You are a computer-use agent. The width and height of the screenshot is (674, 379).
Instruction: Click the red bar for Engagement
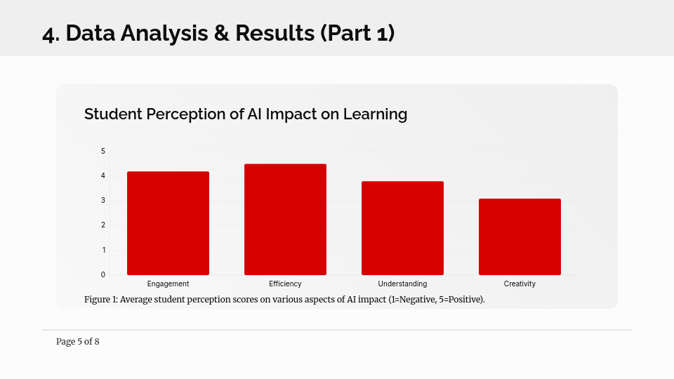coord(168,223)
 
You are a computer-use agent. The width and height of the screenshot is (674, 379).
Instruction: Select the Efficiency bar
coord(286,219)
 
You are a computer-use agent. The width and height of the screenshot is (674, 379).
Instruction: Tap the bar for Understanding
coord(402,228)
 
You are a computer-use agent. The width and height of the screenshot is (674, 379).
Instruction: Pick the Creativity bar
coord(520,237)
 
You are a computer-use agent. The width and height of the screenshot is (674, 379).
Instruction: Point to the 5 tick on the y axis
coord(103,152)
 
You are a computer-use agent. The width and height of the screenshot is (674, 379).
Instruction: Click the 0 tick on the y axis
coord(103,274)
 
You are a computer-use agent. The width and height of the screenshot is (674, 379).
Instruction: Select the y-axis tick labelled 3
coord(103,200)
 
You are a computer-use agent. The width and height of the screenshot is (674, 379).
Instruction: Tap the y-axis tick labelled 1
coord(104,250)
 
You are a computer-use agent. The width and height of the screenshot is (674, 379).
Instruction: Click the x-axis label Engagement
coord(168,284)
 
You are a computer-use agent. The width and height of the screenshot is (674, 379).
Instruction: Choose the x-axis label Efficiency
coord(286,284)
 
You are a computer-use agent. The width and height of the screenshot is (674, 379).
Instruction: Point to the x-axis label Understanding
coord(402,284)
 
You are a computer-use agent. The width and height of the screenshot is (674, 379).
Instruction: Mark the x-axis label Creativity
coord(520,284)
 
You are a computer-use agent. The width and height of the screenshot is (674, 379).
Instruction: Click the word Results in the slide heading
coord(275,33)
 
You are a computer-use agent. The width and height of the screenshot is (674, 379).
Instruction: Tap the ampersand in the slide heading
coord(221,33)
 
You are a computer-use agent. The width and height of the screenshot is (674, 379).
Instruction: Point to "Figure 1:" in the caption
coord(101,300)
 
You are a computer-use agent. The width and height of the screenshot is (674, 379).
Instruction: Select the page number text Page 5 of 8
coord(78,342)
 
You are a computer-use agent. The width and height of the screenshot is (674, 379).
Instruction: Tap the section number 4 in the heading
coord(48,34)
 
